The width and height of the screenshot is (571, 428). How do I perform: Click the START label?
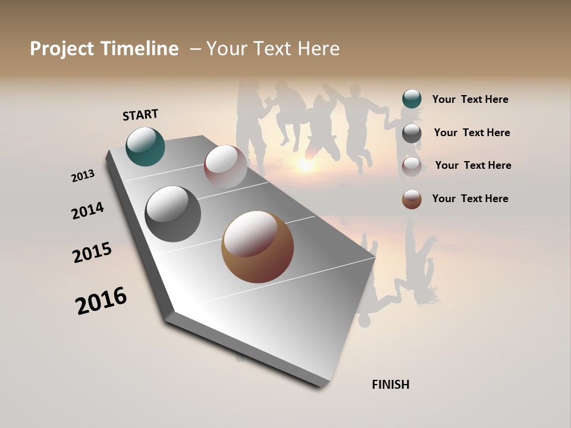coord(140,115)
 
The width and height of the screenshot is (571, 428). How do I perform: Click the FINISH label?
coord(390,385)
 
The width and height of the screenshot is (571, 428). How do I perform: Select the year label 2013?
coord(83,175)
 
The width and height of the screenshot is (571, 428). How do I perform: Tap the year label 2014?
coord(87,210)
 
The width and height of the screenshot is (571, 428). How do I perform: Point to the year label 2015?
coord(92,253)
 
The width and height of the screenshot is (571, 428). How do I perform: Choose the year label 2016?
coord(101,301)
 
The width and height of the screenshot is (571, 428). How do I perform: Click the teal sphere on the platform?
coord(146,147)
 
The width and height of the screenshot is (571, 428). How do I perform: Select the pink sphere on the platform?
coord(225,166)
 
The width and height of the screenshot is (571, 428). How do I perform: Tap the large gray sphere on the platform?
coord(172,214)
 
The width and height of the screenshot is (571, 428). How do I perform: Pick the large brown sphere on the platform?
coord(258,247)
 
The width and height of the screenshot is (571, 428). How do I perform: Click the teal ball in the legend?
coord(412,99)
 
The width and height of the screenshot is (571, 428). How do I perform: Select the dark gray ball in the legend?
coord(412,133)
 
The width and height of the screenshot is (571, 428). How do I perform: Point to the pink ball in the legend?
coord(412,166)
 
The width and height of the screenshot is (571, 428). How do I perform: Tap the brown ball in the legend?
coord(412,199)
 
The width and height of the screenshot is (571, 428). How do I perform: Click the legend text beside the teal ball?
coord(470,99)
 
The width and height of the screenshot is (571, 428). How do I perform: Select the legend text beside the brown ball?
coord(470,199)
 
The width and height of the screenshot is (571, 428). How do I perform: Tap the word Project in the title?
coord(61,49)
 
